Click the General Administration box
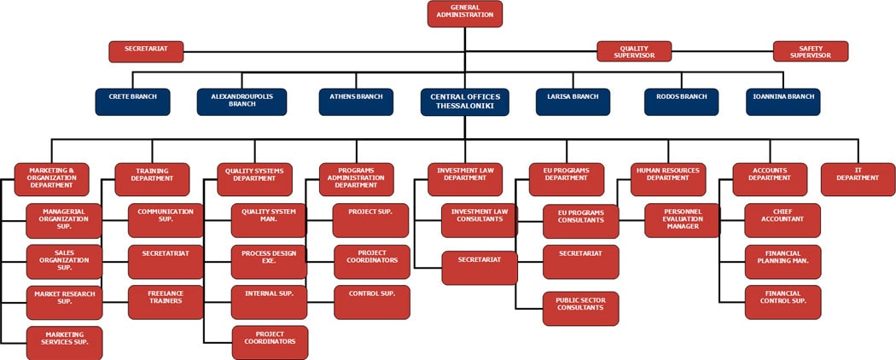465,14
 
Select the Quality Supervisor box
634,51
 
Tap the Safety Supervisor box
810,51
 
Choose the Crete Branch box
132,102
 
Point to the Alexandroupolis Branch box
242,102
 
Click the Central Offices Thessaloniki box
465,102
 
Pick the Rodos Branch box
681,102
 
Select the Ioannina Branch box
783,102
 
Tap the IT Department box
858,179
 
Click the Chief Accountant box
783,220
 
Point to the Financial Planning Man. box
783,261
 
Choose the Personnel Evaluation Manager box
682,220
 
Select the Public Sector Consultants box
581,308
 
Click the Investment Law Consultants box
479,220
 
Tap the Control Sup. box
371,302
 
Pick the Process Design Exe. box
269,262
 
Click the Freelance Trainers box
166,302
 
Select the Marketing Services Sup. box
64,342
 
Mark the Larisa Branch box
573,102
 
